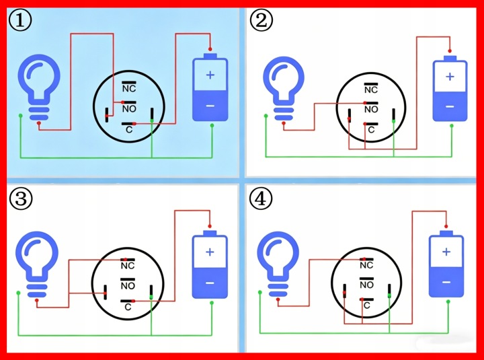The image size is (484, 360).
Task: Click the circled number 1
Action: click(20, 21)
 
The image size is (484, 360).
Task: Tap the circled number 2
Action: click(261, 21)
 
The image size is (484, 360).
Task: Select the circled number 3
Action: click(20, 198)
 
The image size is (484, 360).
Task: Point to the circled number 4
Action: click(261, 198)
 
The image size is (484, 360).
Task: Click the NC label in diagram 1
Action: click(129, 89)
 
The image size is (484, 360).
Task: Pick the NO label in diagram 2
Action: click(371, 110)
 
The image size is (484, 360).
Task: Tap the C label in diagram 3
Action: click(128, 307)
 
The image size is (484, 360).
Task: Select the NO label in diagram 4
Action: click(367, 285)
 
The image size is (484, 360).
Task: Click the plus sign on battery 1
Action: click(210, 75)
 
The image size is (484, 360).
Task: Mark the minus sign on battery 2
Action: click(450, 106)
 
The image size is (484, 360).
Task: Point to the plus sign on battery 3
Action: click(210, 252)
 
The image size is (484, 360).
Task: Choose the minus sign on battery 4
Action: click(446, 282)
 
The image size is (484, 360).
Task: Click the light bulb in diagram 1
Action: click(39, 87)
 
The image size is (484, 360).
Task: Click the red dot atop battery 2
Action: click(450, 51)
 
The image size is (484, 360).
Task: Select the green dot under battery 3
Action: click(212, 303)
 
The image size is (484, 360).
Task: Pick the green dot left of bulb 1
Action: click(20, 116)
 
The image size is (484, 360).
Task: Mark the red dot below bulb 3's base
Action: click(37, 300)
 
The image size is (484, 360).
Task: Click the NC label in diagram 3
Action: click(128, 266)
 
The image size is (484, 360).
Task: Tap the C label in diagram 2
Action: click(371, 130)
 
